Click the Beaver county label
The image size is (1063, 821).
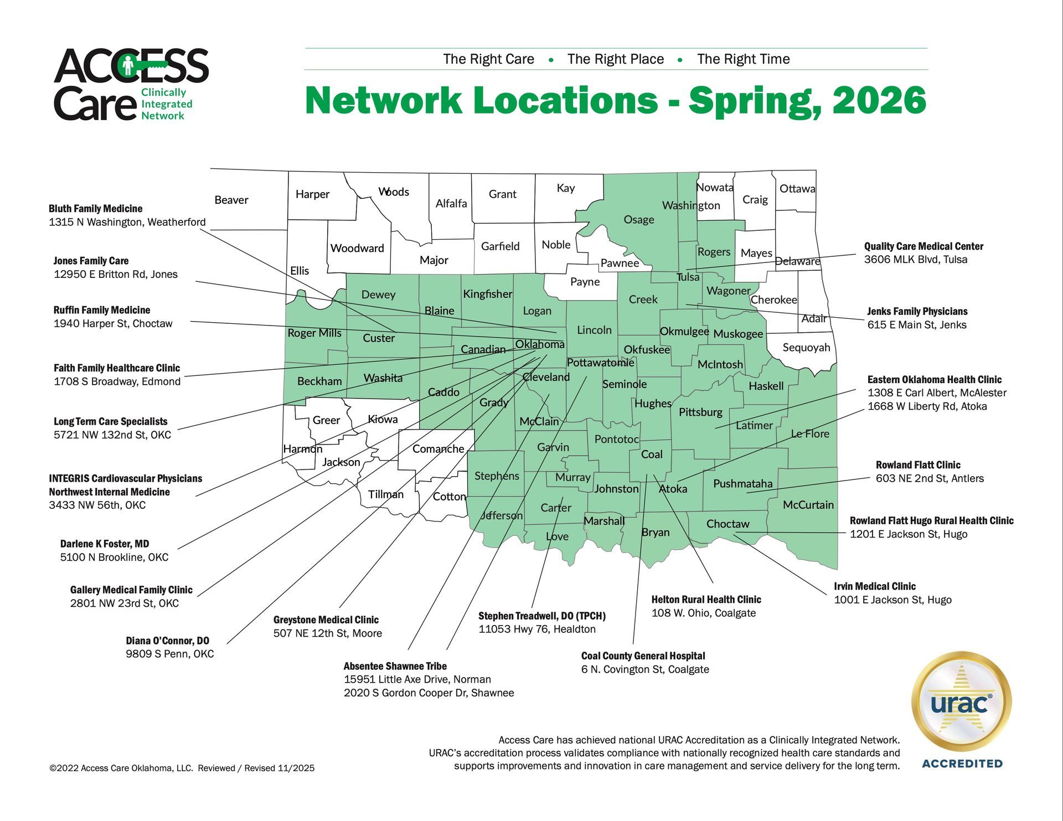click(231, 200)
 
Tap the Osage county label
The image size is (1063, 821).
click(639, 220)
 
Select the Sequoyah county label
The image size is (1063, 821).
click(806, 348)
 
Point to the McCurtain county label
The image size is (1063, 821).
click(808, 505)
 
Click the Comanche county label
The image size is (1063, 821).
click(438, 449)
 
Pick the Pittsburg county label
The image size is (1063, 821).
click(700, 412)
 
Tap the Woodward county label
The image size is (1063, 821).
click(357, 248)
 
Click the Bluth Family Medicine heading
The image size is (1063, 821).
click(96, 209)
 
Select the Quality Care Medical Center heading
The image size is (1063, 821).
click(923, 246)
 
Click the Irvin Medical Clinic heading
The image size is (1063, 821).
click(875, 586)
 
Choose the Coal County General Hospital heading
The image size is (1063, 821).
click(643, 656)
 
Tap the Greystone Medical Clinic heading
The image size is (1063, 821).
click(326, 620)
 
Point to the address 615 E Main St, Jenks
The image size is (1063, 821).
click(917, 325)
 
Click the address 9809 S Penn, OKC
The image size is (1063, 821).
click(169, 654)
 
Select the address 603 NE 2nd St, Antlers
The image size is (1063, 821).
click(930, 478)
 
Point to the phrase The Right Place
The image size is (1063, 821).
click(615, 59)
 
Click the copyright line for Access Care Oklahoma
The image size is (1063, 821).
click(182, 768)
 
